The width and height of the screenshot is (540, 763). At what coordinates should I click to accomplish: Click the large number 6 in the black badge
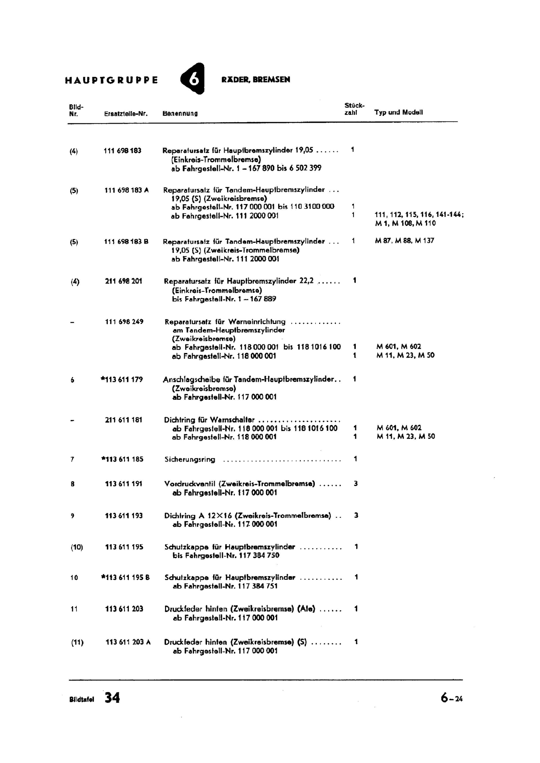[x=193, y=79]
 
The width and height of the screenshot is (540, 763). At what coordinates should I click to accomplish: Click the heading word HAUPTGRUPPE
[x=111, y=80]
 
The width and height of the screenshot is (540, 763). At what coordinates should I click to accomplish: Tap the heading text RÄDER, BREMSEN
[x=255, y=80]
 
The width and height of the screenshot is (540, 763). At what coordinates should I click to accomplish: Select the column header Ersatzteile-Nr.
[x=125, y=113]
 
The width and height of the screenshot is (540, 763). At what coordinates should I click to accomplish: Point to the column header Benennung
[x=180, y=113]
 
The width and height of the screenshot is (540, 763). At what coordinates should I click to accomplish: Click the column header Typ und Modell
[x=398, y=113]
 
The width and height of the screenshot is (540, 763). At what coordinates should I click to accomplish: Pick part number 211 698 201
[x=124, y=281]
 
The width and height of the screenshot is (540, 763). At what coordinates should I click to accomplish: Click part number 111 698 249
[x=124, y=321]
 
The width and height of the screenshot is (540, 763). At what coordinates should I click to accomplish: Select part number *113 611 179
[x=122, y=380]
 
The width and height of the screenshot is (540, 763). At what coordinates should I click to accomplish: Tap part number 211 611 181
[x=124, y=420]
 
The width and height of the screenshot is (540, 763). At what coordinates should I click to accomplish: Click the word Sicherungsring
[x=189, y=460]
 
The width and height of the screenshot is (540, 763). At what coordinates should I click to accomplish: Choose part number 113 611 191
[x=124, y=484]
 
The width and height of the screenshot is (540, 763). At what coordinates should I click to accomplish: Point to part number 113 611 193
[x=124, y=516]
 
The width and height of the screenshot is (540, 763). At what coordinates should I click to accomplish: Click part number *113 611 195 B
[x=125, y=577]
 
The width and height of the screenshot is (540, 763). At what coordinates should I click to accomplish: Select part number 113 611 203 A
[x=128, y=642]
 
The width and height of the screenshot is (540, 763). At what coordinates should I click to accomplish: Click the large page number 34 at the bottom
[x=113, y=698]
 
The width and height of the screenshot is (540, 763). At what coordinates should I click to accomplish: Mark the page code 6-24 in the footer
[x=451, y=699]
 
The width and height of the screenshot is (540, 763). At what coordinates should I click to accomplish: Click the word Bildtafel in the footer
[x=82, y=700]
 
